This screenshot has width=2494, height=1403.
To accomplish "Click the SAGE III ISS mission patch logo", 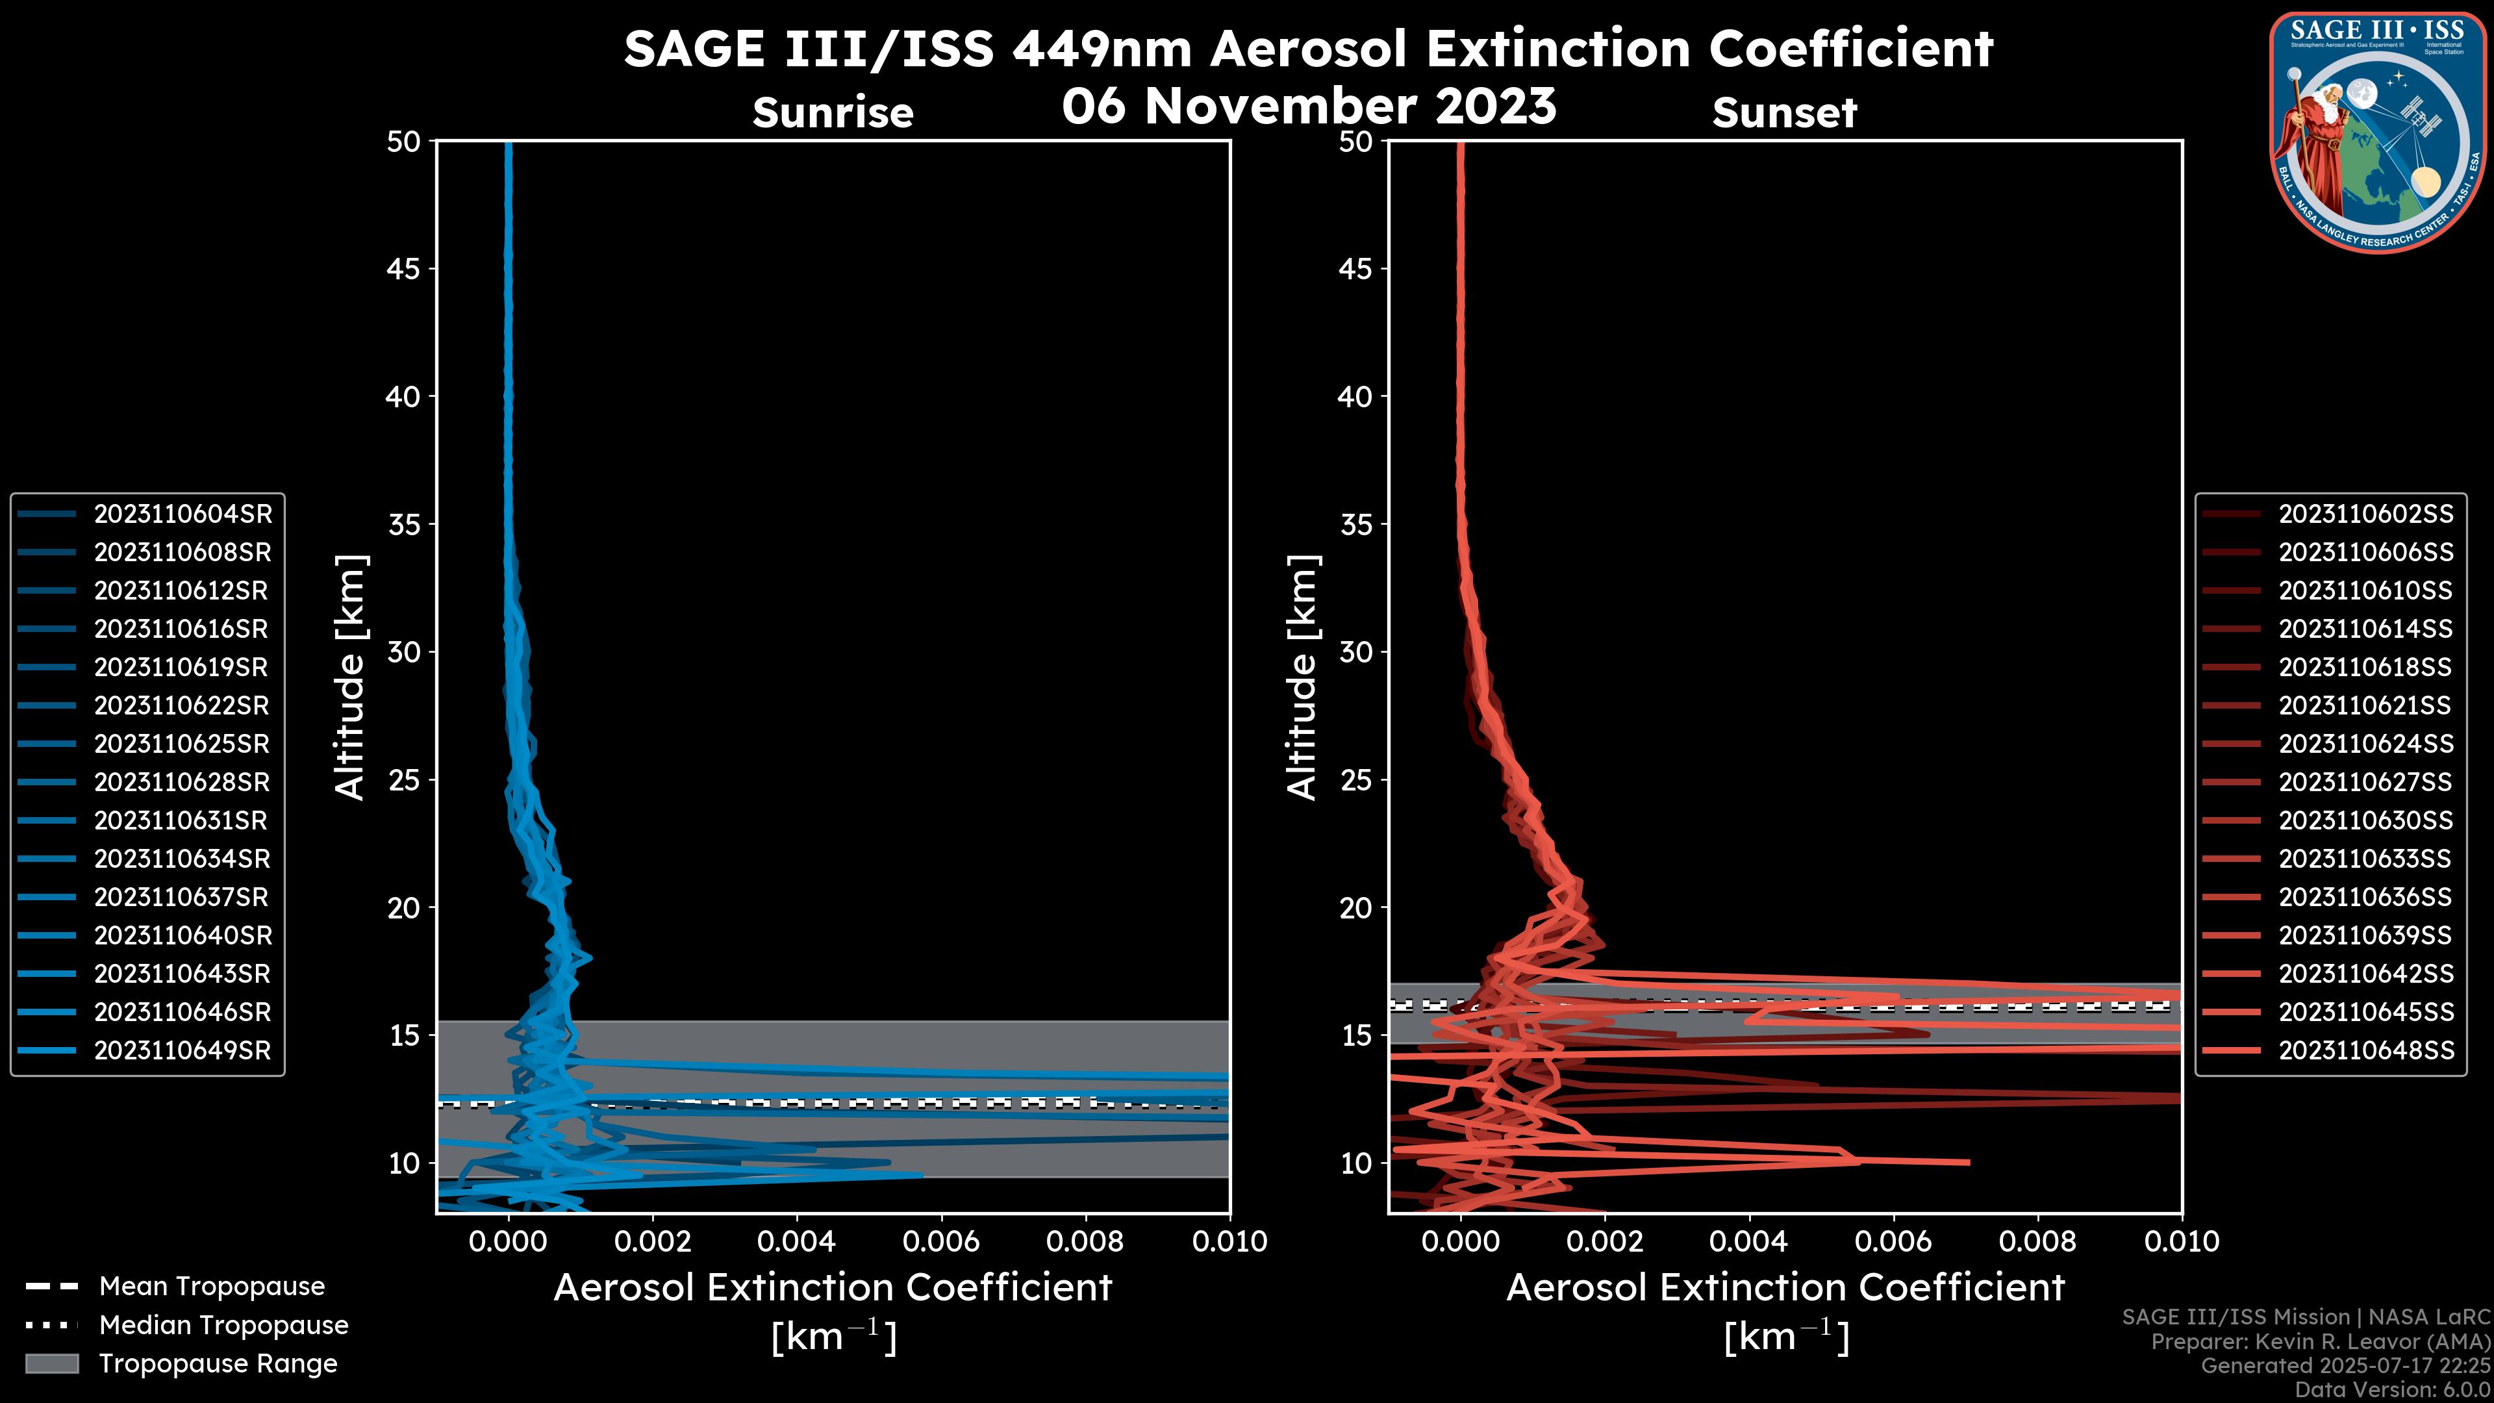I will pyautogui.click(x=2378, y=133).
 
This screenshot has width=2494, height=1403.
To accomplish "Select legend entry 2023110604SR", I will pyautogui.click(x=182, y=514).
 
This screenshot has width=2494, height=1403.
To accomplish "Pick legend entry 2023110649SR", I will pyautogui.click(x=182, y=1050).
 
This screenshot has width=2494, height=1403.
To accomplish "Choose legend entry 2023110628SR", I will pyautogui.click(x=182, y=782).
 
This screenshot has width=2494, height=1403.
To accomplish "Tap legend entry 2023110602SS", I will pyautogui.click(x=2365, y=514).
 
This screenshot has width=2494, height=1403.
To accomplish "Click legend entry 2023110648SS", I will pyautogui.click(x=2365, y=1050).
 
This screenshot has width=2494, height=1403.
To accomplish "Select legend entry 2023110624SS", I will pyautogui.click(x=2365, y=744).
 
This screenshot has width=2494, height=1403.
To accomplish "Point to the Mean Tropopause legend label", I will pyautogui.click(x=211, y=1287).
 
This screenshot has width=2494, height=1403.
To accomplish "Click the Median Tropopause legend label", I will pyautogui.click(x=223, y=1326).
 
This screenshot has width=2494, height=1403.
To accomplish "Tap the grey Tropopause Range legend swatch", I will pyautogui.click(x=51, y=1363).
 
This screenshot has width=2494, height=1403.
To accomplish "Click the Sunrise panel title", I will pyautogui.click(x=833, y=113).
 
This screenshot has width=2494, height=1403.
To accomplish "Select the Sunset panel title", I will pyautogui.click(x=1784, y=113).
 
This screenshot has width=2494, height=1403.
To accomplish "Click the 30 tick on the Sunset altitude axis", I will pyautogui.click(x=1356, y=651).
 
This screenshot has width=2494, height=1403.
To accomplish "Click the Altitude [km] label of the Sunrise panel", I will pyautogui.click(x=349, y=677).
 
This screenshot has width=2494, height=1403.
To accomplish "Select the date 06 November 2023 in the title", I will pyautogui.click(x=1308, y=105).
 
